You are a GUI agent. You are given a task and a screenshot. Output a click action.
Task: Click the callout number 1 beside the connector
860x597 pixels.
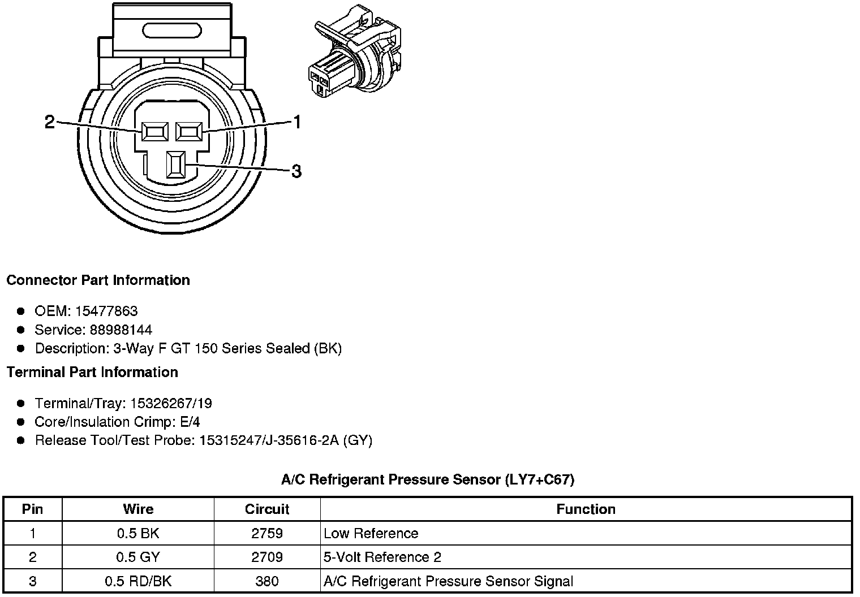coord(296,122)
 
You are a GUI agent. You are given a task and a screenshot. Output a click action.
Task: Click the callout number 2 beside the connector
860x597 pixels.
coord(50,122)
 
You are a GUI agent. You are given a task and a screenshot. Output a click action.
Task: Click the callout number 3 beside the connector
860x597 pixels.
coord(296,171)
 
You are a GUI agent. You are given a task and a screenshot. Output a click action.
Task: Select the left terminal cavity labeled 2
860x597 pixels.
coord(154,132)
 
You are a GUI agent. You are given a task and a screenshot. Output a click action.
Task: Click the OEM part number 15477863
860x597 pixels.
coord(106,311)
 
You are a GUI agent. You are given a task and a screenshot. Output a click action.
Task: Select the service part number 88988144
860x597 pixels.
coord(121,330)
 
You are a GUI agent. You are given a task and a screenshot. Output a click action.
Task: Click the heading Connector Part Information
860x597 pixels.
coord(98,280)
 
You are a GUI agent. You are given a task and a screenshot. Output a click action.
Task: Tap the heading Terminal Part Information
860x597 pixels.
coord(92,372)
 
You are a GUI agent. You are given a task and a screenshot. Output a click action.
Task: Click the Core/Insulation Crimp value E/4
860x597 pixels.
coord(189,422)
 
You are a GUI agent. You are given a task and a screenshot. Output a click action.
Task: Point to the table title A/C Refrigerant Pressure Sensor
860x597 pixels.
coord(428,480)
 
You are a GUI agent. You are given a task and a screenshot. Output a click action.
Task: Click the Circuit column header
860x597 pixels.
coord(267,509)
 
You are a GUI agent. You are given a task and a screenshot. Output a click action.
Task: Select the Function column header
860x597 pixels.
coord(586,509)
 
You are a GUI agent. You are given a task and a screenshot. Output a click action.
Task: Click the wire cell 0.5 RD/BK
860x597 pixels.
coord(138,581)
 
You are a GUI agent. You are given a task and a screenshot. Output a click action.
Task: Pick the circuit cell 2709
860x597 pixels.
coord(267,557)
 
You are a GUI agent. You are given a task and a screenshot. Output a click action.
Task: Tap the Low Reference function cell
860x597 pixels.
coord(371,533)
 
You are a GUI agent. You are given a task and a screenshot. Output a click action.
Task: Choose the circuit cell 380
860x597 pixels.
coord(267,581)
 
